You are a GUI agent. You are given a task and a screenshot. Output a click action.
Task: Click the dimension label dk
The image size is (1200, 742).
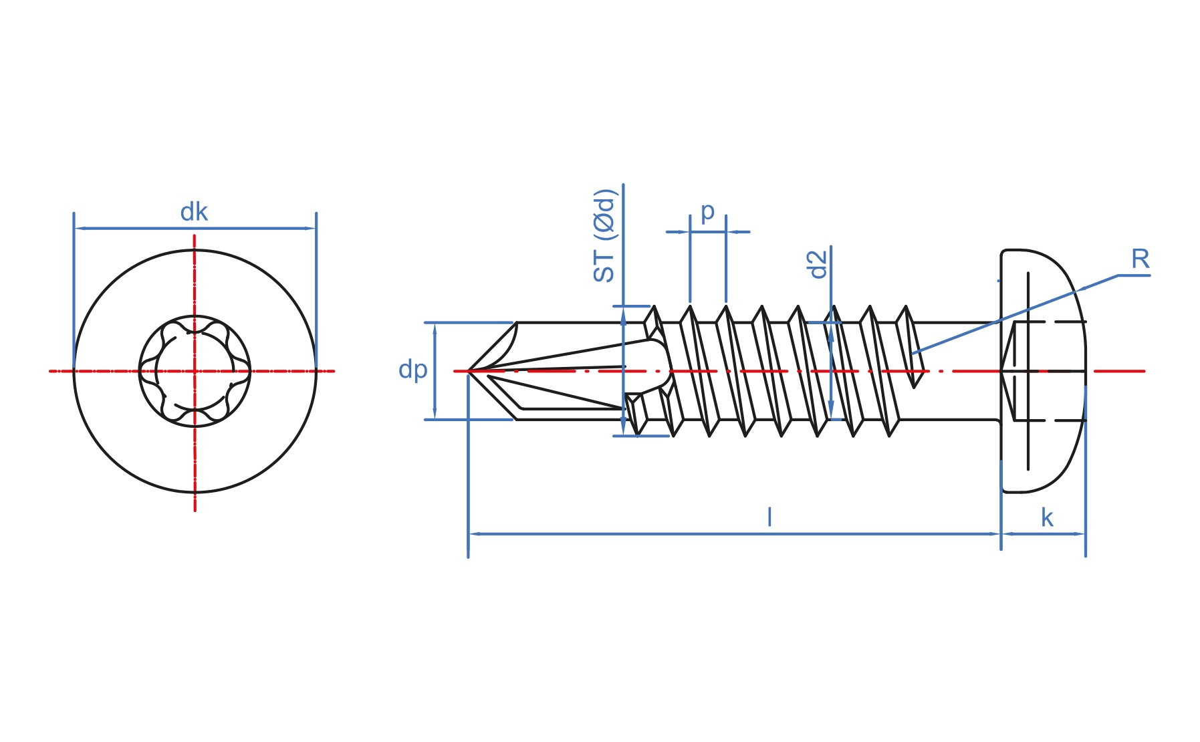pyautogui.click(x=194, y=213)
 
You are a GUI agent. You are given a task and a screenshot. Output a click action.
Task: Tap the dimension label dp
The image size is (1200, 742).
pyautogui.click(x=412, y=370)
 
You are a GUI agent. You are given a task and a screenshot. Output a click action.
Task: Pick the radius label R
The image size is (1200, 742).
pyautogui.click(x=1140, y=259)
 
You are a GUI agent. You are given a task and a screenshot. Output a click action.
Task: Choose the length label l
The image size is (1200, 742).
pyautogui.click(x=769, y=517)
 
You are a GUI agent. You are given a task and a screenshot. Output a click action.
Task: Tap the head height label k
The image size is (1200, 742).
pyautogui.click(x=1047, y=517)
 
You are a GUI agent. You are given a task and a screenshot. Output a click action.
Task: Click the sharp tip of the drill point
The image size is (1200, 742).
pyautogui.click(x=468, y=370)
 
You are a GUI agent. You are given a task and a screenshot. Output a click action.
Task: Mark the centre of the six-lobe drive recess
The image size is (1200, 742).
pyautogui.click(x=195, y=371)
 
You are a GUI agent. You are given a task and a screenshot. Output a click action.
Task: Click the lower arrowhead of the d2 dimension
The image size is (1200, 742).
pyautogui.click(x=831, y=412)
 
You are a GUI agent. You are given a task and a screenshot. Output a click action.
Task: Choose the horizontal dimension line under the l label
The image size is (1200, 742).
pyautogui.click(x=735, y=534)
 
